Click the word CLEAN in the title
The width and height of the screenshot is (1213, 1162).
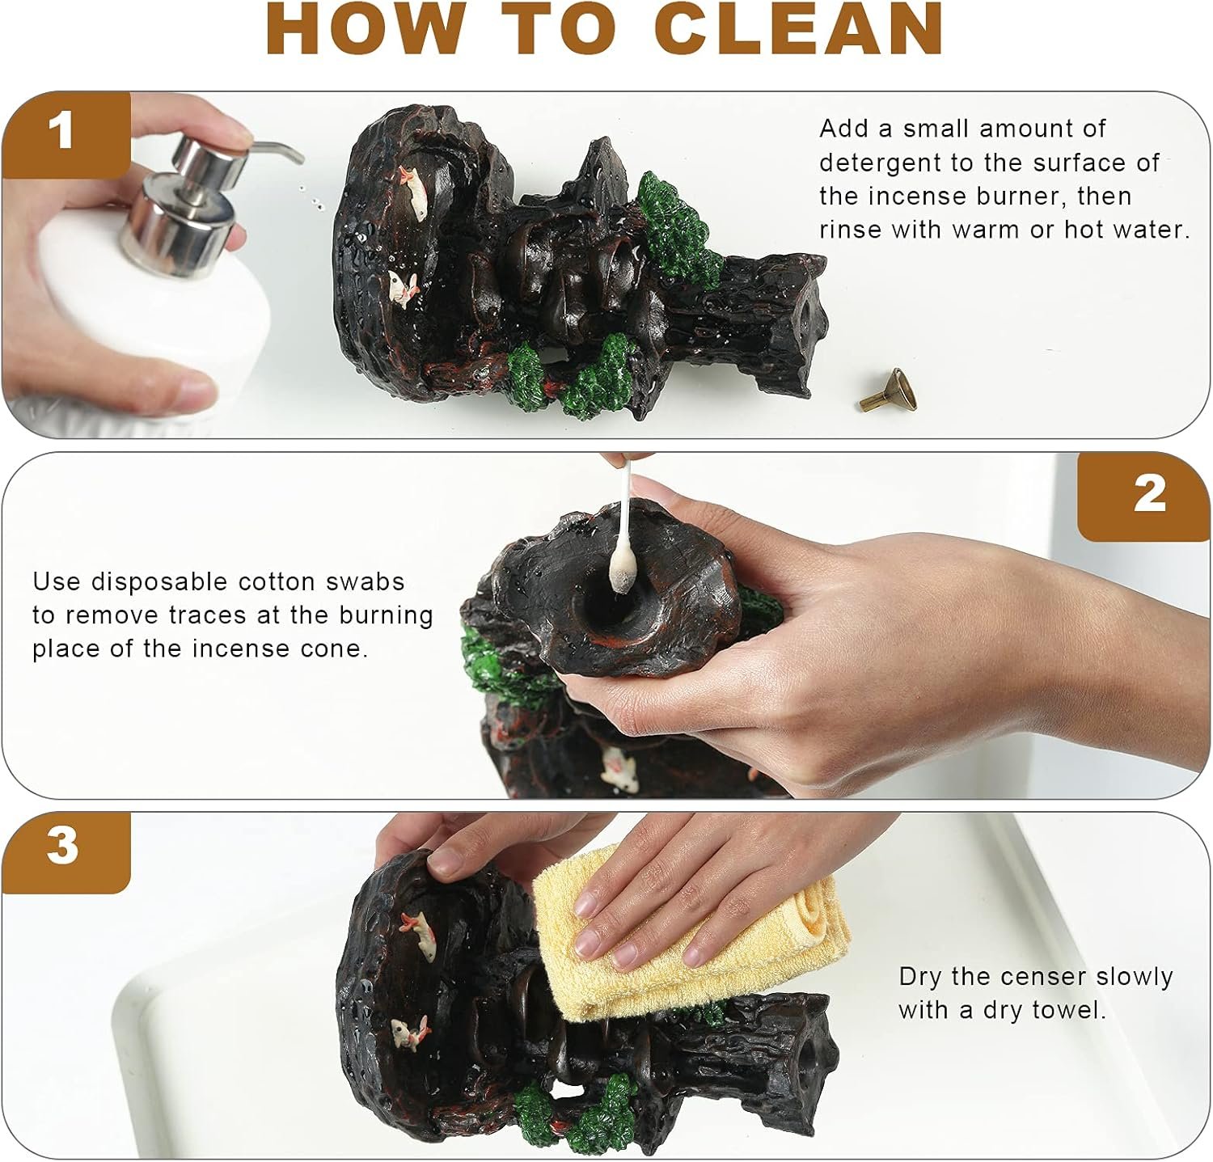800,29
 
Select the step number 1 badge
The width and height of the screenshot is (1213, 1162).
66,133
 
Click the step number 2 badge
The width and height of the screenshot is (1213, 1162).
1146,494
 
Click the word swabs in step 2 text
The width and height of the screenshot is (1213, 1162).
364,581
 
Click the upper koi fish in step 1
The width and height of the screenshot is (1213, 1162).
413,192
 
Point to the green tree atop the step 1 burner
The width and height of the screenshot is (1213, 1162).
679,230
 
